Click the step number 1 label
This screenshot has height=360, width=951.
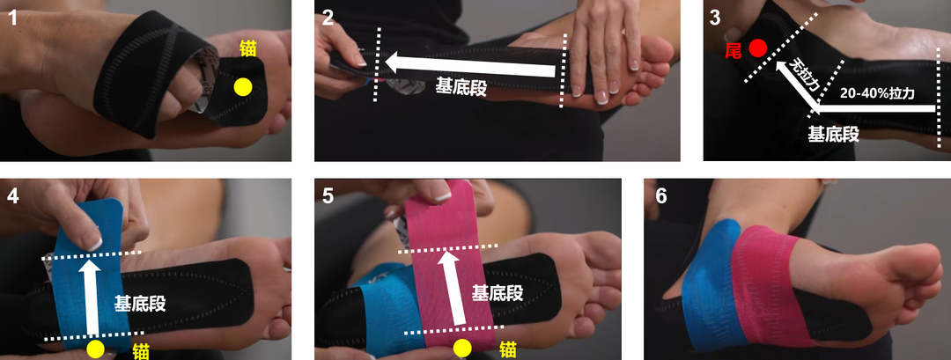click(12, 17)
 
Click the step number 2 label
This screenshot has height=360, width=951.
click(328, 17)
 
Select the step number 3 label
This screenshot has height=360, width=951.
click(714, 17)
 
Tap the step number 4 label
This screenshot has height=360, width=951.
click(12, 195)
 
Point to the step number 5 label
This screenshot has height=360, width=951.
click(328, 195)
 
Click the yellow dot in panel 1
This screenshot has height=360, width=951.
click(242, 86)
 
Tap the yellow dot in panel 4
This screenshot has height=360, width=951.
click(96, 350)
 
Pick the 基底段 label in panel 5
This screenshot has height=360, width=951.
click(498, 292)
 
